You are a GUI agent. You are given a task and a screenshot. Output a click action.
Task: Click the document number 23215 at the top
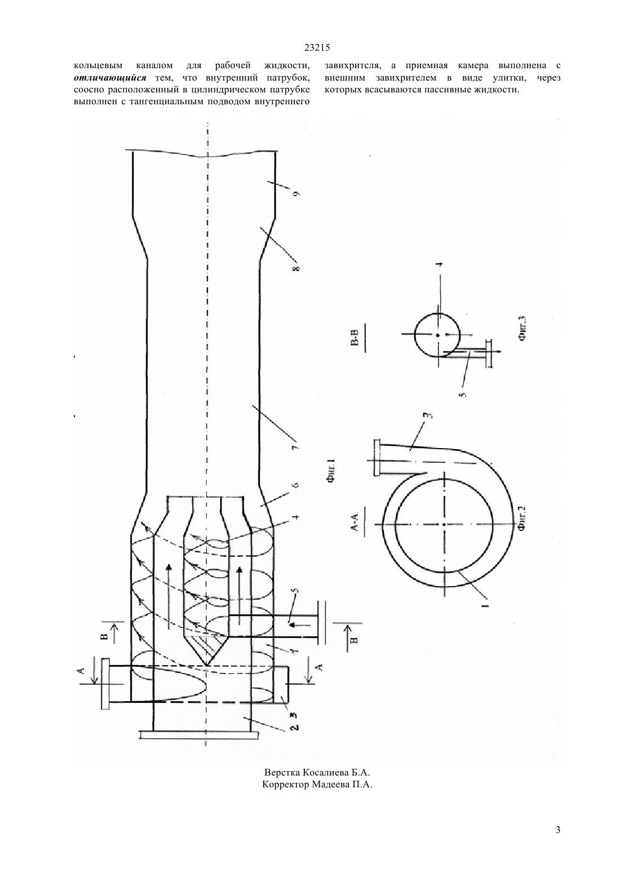[317, 48]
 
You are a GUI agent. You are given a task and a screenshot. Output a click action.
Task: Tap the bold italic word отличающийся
[110, 77]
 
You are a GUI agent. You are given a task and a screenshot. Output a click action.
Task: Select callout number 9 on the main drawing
[296, 193]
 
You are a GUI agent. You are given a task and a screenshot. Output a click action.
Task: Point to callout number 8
[296, 269]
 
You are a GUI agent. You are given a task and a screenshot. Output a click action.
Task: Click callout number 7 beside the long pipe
[296, 446]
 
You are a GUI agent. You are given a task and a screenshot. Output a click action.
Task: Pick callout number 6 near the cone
[296, 485]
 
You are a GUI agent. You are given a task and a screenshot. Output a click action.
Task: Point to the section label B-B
[355, 337]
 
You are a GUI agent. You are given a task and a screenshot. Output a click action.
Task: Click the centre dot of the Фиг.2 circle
[444, 524]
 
